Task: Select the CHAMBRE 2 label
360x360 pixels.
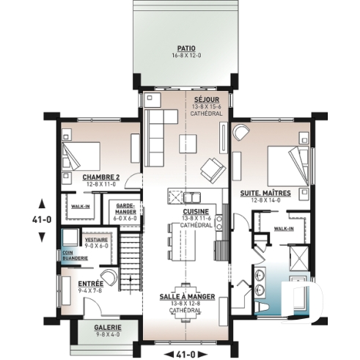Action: pos(100,177)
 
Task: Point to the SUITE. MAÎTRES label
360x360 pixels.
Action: pos(265,193)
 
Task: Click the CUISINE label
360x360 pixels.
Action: pos(196,210)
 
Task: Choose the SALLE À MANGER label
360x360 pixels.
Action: pos(188,297)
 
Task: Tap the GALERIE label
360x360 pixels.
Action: pos(107,326)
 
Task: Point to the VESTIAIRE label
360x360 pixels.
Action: pos(96,240)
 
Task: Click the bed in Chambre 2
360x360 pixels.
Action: pos(80,156)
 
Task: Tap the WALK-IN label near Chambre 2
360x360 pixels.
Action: pos(80,207)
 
